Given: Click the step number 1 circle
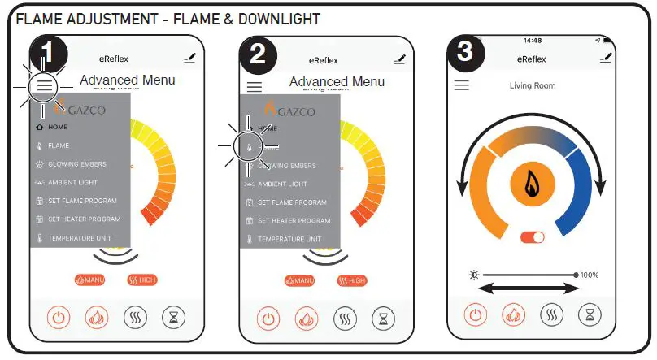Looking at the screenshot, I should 48,53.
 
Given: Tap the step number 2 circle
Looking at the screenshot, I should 258,54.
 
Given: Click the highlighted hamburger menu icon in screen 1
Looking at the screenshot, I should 44,85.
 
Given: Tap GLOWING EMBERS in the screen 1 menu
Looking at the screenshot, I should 76,164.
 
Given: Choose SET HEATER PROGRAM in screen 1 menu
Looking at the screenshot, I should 84,219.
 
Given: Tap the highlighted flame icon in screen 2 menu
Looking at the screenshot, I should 249,146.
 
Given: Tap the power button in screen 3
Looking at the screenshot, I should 476,314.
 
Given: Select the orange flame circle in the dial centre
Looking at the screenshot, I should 533,184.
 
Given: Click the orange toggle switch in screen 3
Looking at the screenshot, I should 533,237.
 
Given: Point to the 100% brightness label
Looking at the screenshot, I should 590,275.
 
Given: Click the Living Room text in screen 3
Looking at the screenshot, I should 533,85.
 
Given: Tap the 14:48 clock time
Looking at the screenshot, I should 533,41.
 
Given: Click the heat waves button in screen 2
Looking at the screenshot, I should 345,319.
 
